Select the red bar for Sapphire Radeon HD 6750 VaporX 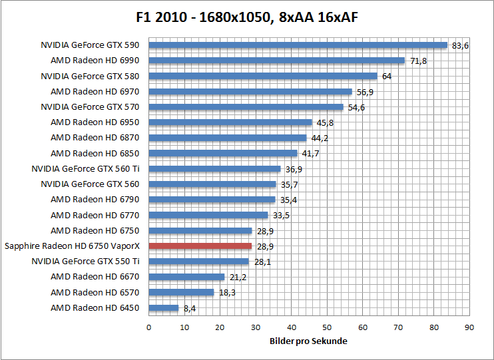point(200,246)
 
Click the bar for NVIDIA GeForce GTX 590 point(298,45)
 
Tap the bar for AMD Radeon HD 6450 point(164,308)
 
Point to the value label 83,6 point(460,45)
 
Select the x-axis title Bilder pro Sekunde point(308,341)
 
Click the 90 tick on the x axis point(469,327)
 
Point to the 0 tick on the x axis point(148,327)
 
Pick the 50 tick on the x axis point(327,327)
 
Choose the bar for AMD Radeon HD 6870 point(227,138)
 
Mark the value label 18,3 point(227,293)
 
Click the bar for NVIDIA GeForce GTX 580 point(263,76)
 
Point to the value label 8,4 point(190,308)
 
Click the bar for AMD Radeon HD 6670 point(186,277)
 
